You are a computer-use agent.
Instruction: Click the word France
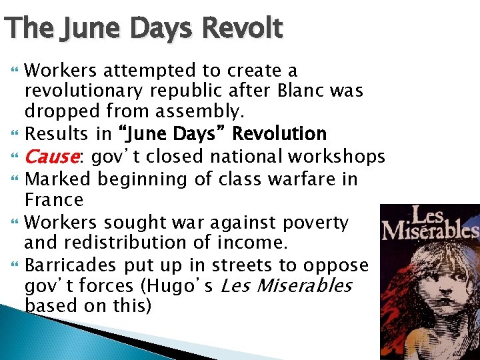click(54, 199)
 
